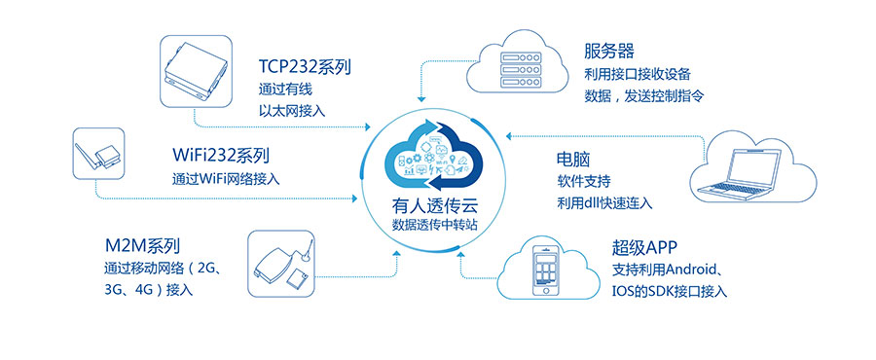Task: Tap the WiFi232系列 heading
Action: coord(220,156)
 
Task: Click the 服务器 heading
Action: coord(610,51)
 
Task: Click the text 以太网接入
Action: coord(292,111)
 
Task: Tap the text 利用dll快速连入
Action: coord(604,202)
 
